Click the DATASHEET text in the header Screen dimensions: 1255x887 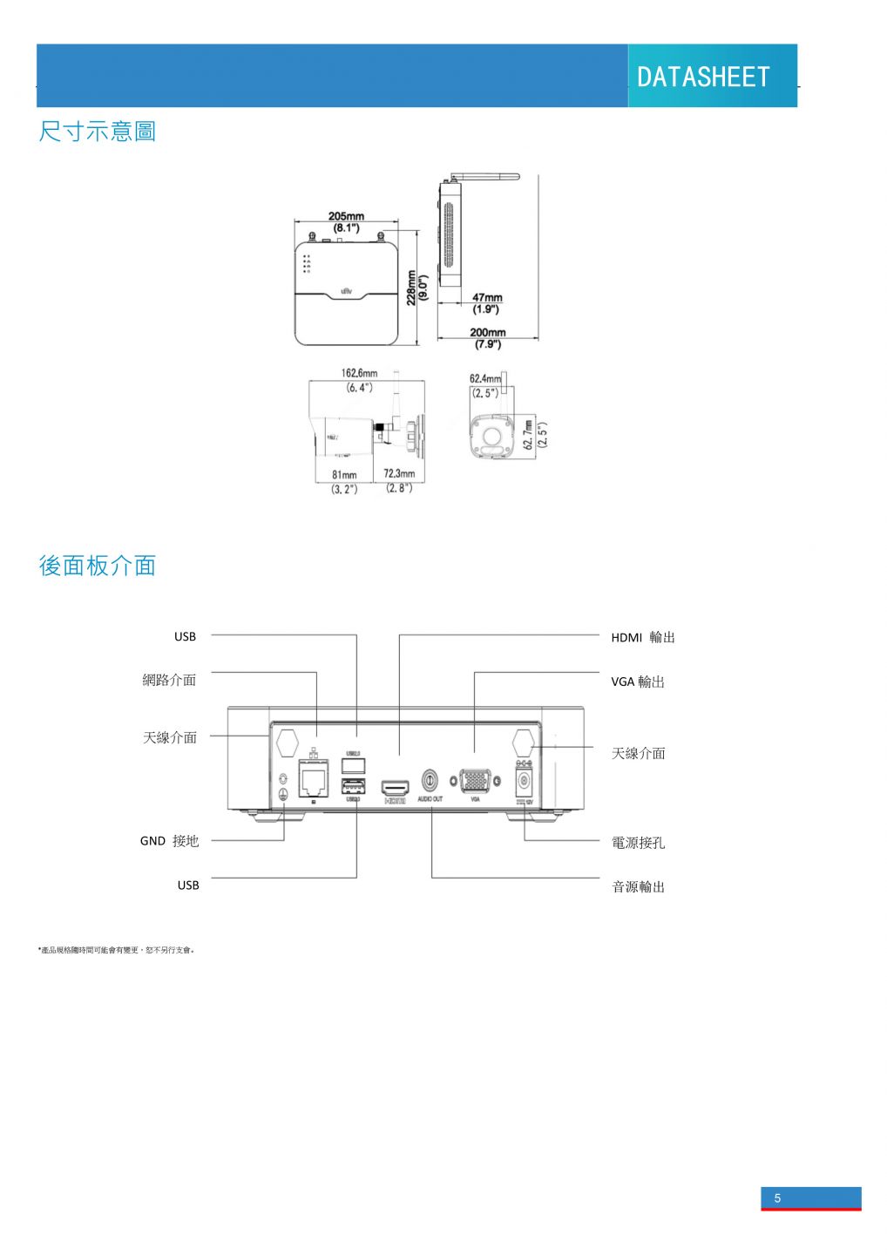click(x=703, y=77)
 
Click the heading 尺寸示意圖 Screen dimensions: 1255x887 click(x=97, y=132)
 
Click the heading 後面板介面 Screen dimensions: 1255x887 click(x=97, y=566)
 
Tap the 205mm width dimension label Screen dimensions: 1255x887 click(x=346, y=217)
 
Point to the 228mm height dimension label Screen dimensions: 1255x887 click(x=411, y=288)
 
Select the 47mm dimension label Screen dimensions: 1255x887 click(x=487, y=298)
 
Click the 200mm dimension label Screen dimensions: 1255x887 click(x=487, y=332)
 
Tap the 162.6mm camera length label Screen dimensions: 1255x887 click(x=359, y=373)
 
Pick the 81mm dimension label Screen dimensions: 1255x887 click(x=344, y=475)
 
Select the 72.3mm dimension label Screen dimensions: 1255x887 click(x=399, y=474)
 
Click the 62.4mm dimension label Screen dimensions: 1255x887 click(x=485, y=379)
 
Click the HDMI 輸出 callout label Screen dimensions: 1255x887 click(x=643, y=637)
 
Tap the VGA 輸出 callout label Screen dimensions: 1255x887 click(x=638, y=682)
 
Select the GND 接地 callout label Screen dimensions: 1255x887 click(x=169, y=841)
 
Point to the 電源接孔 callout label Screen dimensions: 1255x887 click(x=638, y=843)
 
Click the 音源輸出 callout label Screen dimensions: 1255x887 click(x=638, y=886)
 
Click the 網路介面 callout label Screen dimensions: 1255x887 click(x=169, y=680)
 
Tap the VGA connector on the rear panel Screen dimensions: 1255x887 click(x=475, y=780)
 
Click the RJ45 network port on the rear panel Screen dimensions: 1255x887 click(x=314, y=778)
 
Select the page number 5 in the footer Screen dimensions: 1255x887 click(x=778, y=1197)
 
